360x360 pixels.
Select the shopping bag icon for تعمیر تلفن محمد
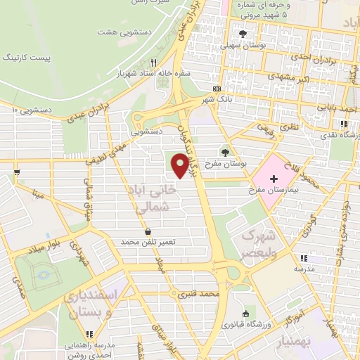tap(148, 231)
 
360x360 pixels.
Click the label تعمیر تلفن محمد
tap(147, 242)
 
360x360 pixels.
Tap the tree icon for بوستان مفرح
tap(225, 152)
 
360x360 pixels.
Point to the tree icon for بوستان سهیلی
tap(243, 34)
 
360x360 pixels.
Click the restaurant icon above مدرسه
tap(303, 258)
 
